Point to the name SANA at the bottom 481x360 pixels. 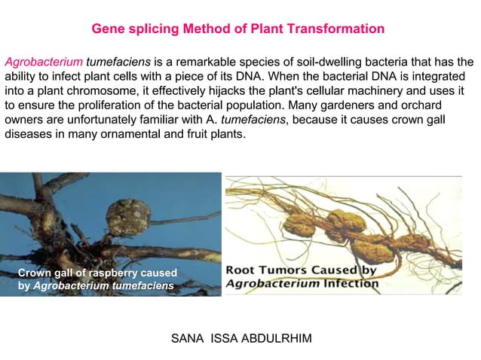[188, 338]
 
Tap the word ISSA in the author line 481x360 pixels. [222, 338]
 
